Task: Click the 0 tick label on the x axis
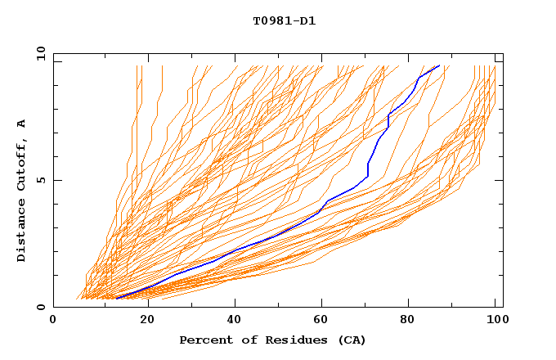tap(53, 321)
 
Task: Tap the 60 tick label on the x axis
tap(325, 321)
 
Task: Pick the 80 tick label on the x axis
tap(413, 321)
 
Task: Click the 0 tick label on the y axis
tap(41, 308)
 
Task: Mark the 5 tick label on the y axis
tap(41, 180)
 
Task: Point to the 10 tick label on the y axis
tap(38, 53)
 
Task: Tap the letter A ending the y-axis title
tap(22, 123)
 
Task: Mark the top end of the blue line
tap(439, 65)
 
